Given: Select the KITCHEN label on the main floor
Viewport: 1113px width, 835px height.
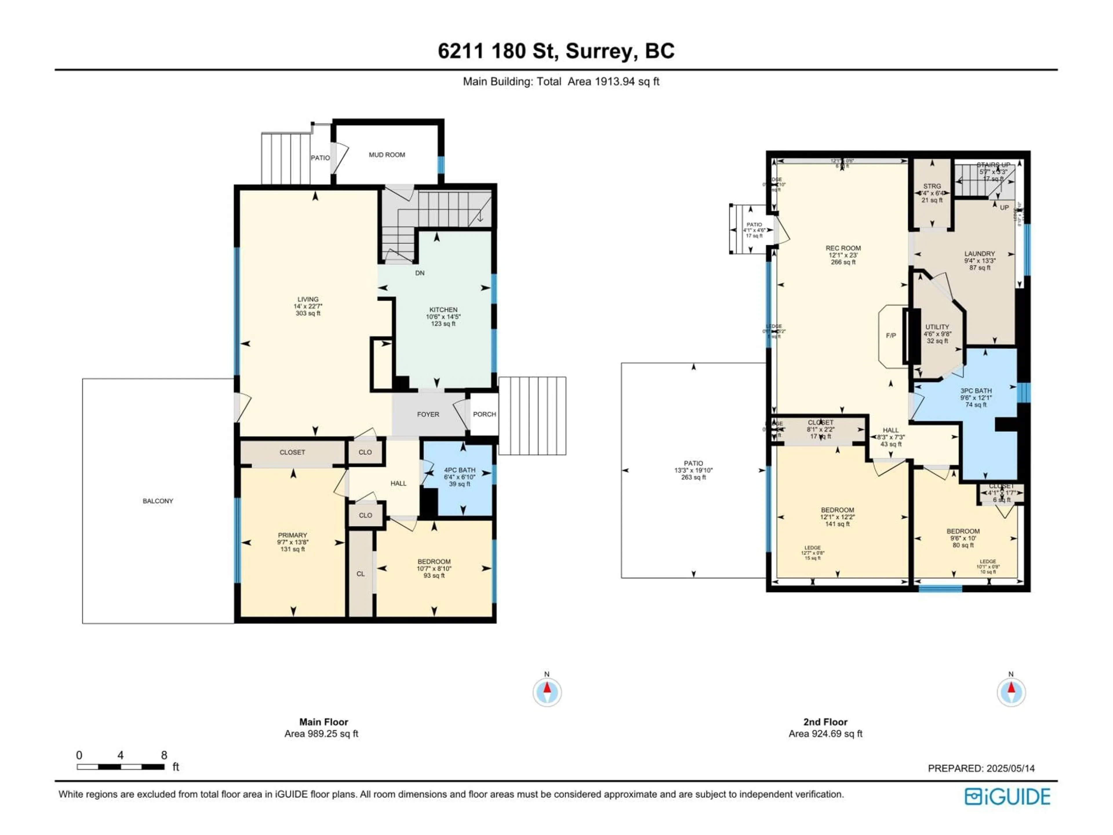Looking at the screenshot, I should coord(443,310).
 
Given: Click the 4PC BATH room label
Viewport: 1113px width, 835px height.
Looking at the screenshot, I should coord(459,470).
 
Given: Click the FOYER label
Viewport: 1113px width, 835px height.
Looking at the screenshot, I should coord(428,415).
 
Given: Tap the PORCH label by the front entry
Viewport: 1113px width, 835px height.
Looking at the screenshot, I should coord(484,415).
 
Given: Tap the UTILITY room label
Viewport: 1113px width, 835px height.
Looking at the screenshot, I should coord(937,327).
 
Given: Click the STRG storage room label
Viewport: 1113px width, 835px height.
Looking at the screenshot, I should coord(932,186).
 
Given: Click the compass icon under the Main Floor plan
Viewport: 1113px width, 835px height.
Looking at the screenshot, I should coord(547,693).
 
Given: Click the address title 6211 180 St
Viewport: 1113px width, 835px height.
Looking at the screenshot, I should coord(556,51).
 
